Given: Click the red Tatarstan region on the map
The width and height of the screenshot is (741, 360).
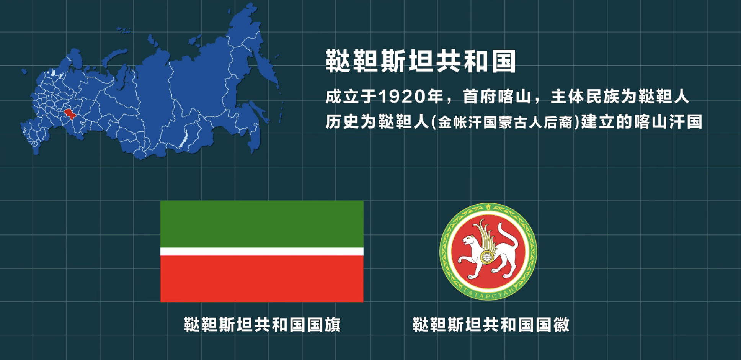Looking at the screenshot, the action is coord(70,114).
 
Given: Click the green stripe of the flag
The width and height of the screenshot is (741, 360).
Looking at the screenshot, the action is coord(262,224).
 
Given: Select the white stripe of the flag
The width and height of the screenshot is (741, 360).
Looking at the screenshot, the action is coord(262,252).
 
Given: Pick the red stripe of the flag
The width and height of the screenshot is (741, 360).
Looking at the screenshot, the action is coord(262,279).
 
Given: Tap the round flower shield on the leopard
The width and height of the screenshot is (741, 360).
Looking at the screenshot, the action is coord(487,257).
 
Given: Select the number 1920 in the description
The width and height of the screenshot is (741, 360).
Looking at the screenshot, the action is coord(402,97).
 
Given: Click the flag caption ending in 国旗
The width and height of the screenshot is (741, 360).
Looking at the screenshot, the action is coord(262,325).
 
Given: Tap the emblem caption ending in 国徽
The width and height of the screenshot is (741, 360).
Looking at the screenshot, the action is coord(491,325).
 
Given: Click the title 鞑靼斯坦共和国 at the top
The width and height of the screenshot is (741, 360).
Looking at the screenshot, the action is coord(421,61).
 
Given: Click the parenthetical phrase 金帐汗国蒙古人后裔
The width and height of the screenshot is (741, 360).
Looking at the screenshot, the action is coord(505,122).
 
